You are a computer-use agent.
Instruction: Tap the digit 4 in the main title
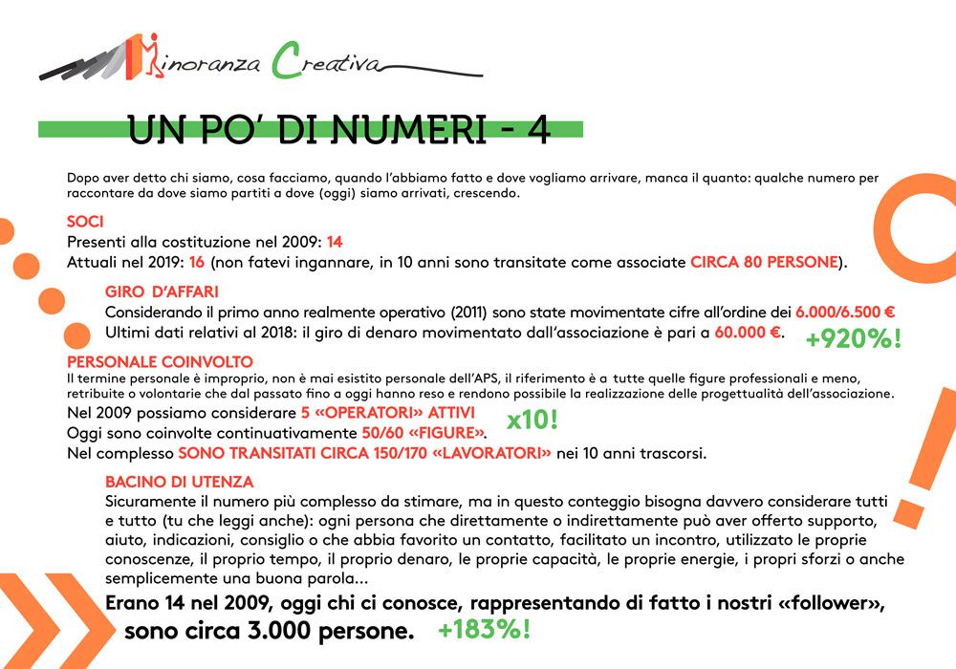537,131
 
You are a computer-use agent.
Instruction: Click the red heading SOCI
85,222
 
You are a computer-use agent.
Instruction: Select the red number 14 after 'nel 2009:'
334,242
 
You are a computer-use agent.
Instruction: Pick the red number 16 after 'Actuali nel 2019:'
196,262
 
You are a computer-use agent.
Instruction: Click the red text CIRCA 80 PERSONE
764,262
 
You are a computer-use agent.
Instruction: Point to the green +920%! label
853,339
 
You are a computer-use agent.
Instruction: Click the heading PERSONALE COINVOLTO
160,362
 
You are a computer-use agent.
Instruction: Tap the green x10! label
533,421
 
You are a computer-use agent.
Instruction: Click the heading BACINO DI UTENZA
179,482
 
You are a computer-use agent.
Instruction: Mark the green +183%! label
484,630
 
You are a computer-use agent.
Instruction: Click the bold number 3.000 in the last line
288,631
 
